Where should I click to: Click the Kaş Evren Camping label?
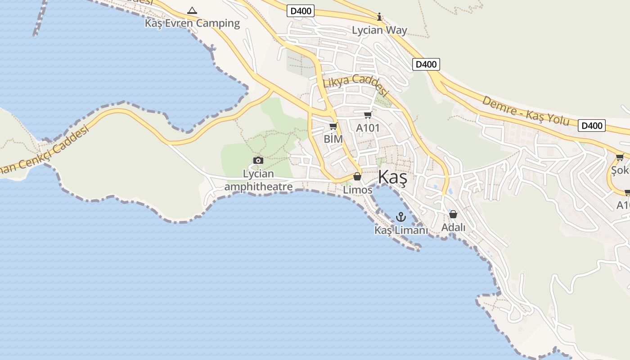pyautogui.click(x=192, y=23)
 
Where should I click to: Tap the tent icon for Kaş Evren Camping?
pyautogui.click(x=192, y=10)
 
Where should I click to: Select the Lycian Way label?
pyautogui.click(x=379, y=30)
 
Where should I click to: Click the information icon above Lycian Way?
pyautogui.click(x=379, y=18)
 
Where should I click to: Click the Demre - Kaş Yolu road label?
pyautogui.click(x=525, y=110)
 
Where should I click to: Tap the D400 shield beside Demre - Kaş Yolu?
pyautogui.click(x=591, y=126)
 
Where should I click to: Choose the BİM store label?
pyautogui.click(x=333, y=139)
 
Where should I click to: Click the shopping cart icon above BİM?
pyautogui.click(x=333, y=126)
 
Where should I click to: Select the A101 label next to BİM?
pyautogui.click(x=368, y=128)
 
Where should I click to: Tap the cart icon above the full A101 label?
pyautogui.click(x=368, y=115)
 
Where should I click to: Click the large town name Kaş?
pyautogui.click(x=392, y=177)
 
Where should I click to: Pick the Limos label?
pyautogui.click(x=358, y=190)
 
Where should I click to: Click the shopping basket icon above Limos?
pyautogui.click(x=357, y=176)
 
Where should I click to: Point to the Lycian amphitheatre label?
pyautogui.click(x=258, y=180)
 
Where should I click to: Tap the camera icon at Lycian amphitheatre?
pyautogui.click(x=258, y=160)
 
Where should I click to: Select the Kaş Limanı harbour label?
pyautogui.click(x=401, y=230)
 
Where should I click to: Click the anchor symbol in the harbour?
pyautogui.click(x=400, y=217)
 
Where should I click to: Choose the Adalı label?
pyautogui.click(x=453, y=227)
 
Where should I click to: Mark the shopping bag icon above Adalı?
pyautogui.click(x=453, y=214)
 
